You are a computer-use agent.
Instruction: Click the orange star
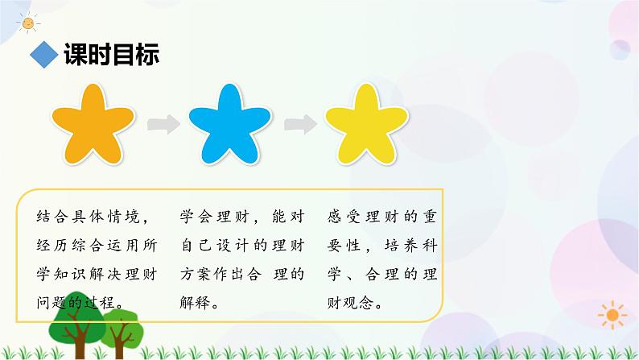point(93,126)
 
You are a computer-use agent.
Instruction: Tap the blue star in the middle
point(228,126)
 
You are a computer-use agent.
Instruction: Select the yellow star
point(364,126)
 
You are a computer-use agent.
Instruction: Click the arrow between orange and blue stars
point(163,124)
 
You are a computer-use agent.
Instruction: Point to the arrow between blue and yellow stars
point(299,124)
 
